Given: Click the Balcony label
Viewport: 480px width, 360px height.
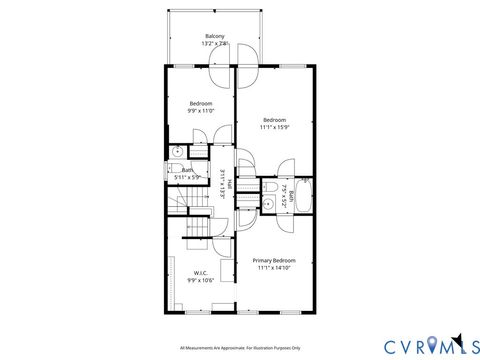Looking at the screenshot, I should point(214,36).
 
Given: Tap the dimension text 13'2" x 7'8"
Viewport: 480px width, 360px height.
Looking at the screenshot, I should point(214,44).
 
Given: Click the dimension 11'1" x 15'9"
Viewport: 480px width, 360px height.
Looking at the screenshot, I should point(274,127).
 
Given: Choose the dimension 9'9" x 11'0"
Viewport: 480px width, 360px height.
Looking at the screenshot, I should point(201,111).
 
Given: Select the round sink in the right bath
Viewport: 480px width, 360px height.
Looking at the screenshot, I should point(269,204).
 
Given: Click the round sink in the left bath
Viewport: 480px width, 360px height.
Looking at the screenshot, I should point(176,152).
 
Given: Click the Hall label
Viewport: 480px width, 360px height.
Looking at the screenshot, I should point(230,184).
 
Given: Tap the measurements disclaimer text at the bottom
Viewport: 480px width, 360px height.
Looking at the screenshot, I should point(240,348).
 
